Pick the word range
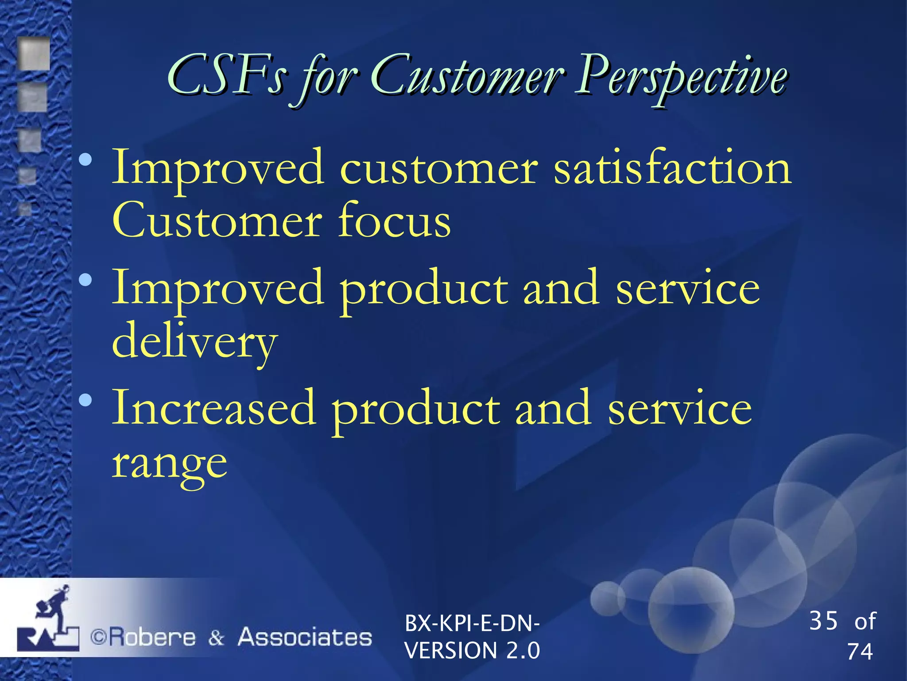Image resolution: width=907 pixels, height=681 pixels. pos(169,463)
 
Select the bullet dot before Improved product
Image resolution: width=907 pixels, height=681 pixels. pos(85,279)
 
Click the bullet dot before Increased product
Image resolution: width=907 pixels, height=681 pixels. pos(85,400)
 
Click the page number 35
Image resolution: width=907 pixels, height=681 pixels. pos(823,620)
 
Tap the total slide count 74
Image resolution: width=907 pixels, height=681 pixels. pos(860,652)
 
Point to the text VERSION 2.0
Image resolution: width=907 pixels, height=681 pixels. pos(472,650)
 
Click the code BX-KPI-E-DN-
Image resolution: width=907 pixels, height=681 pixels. pos(472,623)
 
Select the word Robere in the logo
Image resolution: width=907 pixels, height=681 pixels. pos(152,638)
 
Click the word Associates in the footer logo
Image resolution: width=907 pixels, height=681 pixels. pos(305,637)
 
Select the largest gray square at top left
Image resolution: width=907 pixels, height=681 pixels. pos(34,54)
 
